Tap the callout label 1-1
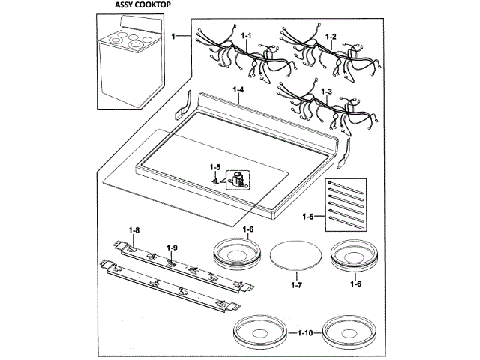click(x=247, y=36)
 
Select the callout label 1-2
click(x=331, y=36)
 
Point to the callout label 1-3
click(x=326, y=91)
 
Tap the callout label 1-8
click(x=134, y=229)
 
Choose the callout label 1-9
click(x=171, y=247)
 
